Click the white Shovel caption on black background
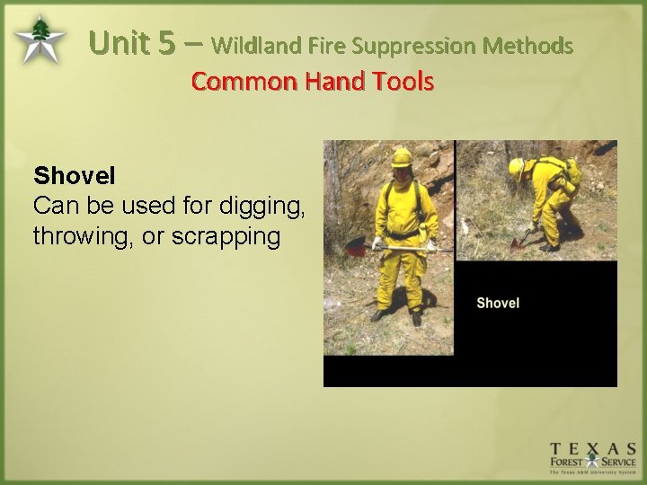tap(498, 303)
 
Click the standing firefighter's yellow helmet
tap(401, 157)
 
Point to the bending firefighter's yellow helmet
tap(517, 167)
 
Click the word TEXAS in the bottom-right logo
tap(593, 448)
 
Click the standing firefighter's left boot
tap(416, 318)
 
